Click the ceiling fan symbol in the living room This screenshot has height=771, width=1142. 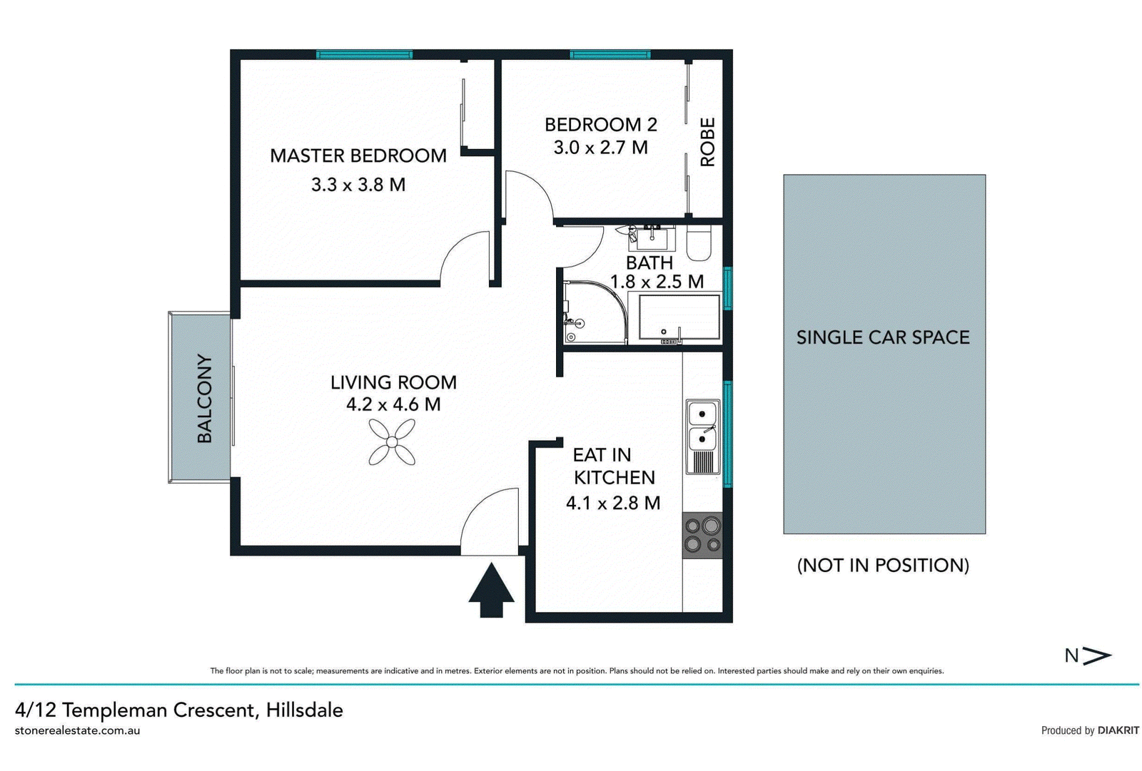[x=392, y=441]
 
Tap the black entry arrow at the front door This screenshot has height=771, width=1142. [x=492, y=590]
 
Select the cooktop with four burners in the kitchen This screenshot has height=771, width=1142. [x=702, y=535]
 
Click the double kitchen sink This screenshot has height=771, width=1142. [x=702, y=436]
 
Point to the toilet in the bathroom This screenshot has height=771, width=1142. [x=699, y=243]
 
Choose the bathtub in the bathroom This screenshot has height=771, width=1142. [x=674, y=317]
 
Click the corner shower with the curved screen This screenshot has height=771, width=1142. [x=595, y=312]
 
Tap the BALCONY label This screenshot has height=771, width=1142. [x=204, y=399]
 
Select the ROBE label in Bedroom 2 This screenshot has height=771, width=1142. [x=707, y=142]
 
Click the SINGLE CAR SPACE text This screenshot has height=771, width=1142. [x=883, y=337]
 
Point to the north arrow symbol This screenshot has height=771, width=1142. [x=1097, y=656]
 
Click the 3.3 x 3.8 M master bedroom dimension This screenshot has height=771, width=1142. [x=358, y=185]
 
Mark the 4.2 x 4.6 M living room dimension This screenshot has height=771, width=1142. [x=393, y=404]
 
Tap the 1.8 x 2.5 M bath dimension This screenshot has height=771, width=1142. [x=657, y=281]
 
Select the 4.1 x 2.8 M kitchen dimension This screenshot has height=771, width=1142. [x=613, y=503]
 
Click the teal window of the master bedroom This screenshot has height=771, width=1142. [x=364, y=54]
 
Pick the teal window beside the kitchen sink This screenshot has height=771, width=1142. [x=728, y=434]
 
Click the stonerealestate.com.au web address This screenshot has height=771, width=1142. [x=78, y=730]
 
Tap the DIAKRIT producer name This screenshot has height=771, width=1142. [x=1118, y=730]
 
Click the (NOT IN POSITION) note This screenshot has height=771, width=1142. [x=883, y=565]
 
